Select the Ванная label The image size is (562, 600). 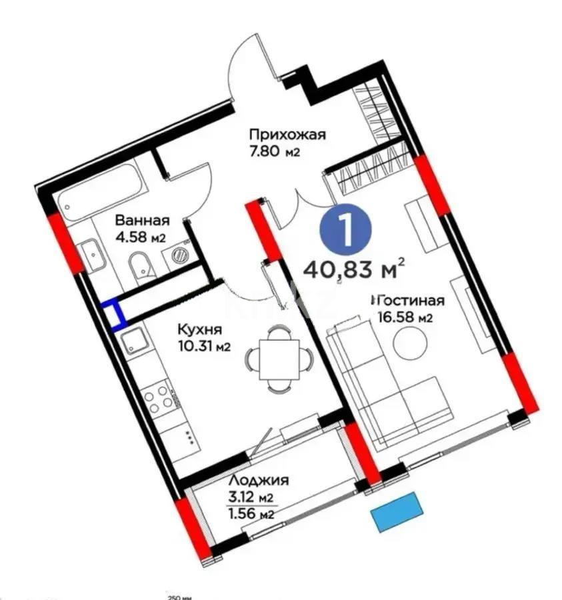click(x=141, y=221)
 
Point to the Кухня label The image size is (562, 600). click(x=199, y=329)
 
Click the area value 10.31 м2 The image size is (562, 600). click(x=203, y=346)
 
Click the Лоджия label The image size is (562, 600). click(x=258, y=481)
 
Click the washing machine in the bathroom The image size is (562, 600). click(x=179, y=254)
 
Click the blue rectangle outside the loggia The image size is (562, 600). click(x=398, y=511)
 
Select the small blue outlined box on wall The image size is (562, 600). click(x=114, y=314)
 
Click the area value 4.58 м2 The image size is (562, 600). click(x=140, y=237)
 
